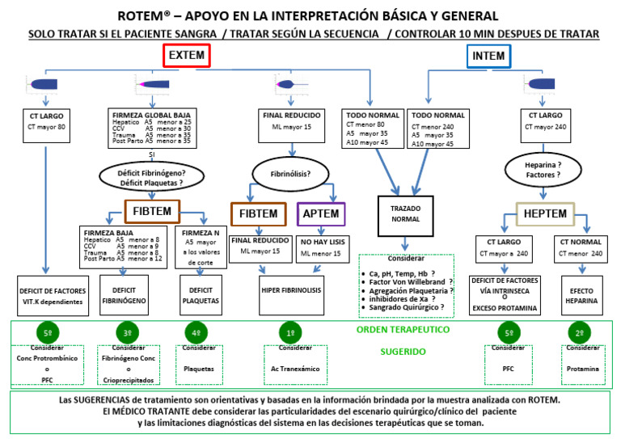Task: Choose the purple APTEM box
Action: click(x=321, y=214)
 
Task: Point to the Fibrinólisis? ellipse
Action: click(x=289, y=172)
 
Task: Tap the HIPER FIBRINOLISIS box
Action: click(x=290, y=289)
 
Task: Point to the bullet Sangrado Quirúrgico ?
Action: click(x=405, y=307)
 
